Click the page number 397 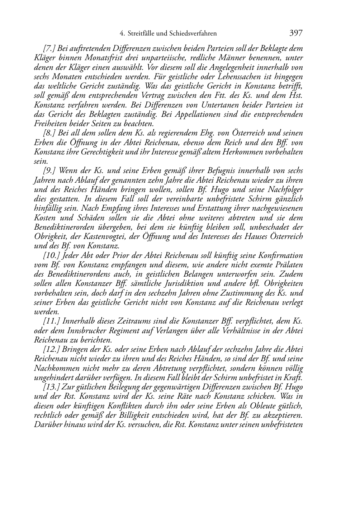pyautogui.click(x=296, y=33)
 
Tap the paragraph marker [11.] pyautogui.click(x=51, y=321)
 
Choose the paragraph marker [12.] pyautogui.click(x=51, y=349)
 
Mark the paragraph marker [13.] pyautogui.click(x=51, y=387)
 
